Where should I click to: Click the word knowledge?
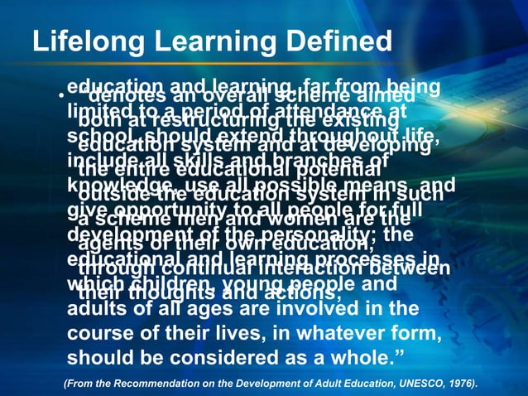[x=105, y=182]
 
